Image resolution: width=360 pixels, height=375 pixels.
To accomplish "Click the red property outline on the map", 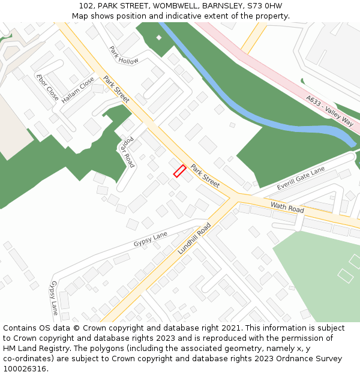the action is [179, 171].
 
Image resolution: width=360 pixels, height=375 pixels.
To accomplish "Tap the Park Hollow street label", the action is [124, 56].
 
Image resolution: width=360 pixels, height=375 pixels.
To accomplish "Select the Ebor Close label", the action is [47, 87].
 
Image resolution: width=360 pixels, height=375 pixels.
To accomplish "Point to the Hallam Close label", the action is [78, 90].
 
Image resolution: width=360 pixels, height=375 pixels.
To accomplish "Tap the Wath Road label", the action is [287, 208].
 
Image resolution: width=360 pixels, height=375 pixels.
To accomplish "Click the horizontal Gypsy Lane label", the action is [151, 239].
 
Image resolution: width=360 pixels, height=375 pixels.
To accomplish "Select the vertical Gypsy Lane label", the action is [54, 298].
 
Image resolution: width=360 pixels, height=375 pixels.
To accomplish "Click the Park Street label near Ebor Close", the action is [116, 89].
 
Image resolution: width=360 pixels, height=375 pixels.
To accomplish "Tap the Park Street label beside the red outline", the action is [205, 175].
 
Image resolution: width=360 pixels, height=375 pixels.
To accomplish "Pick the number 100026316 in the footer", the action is [24, 368].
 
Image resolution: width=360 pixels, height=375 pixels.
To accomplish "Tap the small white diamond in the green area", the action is [159, 38].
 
